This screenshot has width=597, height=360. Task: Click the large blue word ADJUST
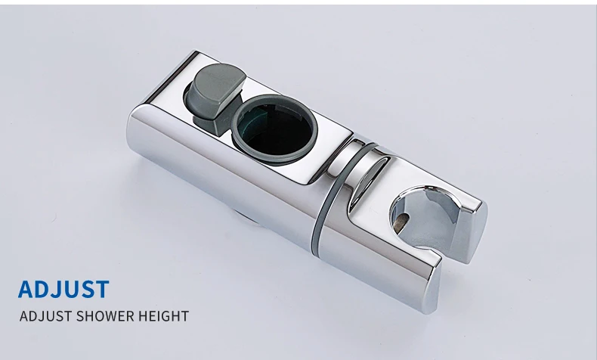point(63,289)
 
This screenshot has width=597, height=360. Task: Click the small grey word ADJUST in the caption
point(45,316)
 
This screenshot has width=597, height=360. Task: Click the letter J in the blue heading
point(57,290)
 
